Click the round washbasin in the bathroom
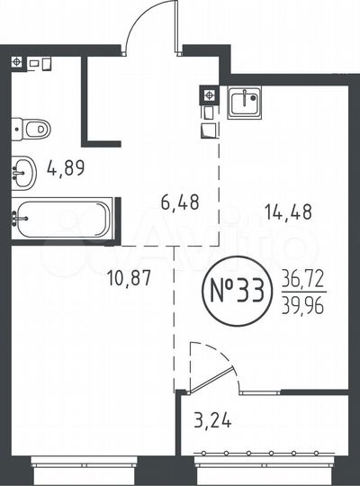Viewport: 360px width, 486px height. coord(24,168)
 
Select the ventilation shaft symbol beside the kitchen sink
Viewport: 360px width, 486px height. coord(208,94)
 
